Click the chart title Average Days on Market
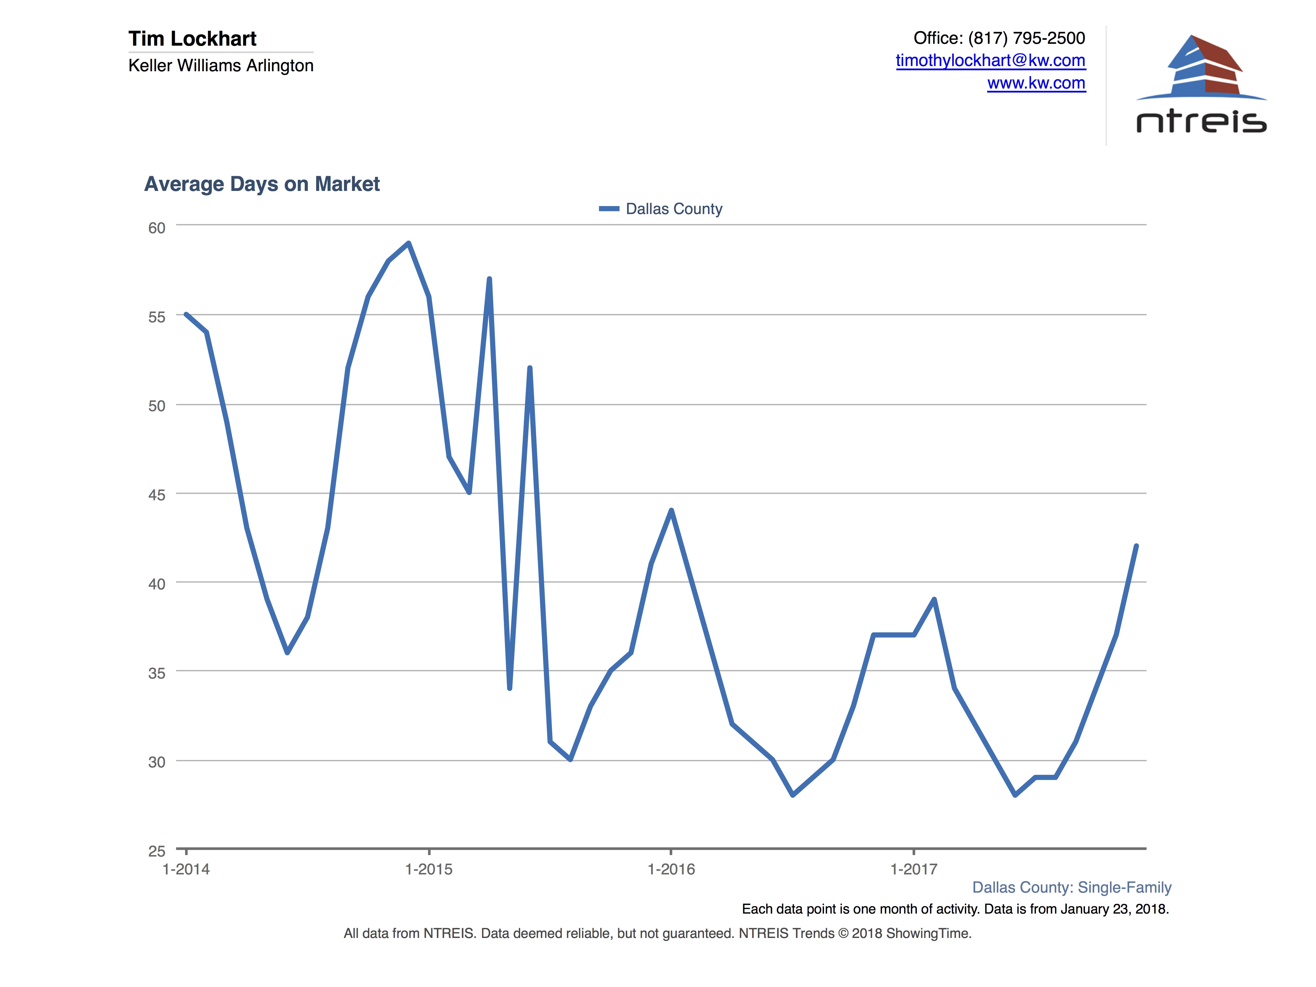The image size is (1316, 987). click(262, 184)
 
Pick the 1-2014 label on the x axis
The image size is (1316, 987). click(186, 869)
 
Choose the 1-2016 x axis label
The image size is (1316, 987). click(671, 869)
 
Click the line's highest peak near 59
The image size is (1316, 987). click(409, 243)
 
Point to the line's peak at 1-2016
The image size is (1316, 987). click(671, 510)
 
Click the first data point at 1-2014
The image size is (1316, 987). click(186, 314)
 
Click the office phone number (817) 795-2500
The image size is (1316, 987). click(1026, 38)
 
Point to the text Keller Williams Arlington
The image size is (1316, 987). click(221, 65)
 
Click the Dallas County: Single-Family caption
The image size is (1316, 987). click(1071, 887)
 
